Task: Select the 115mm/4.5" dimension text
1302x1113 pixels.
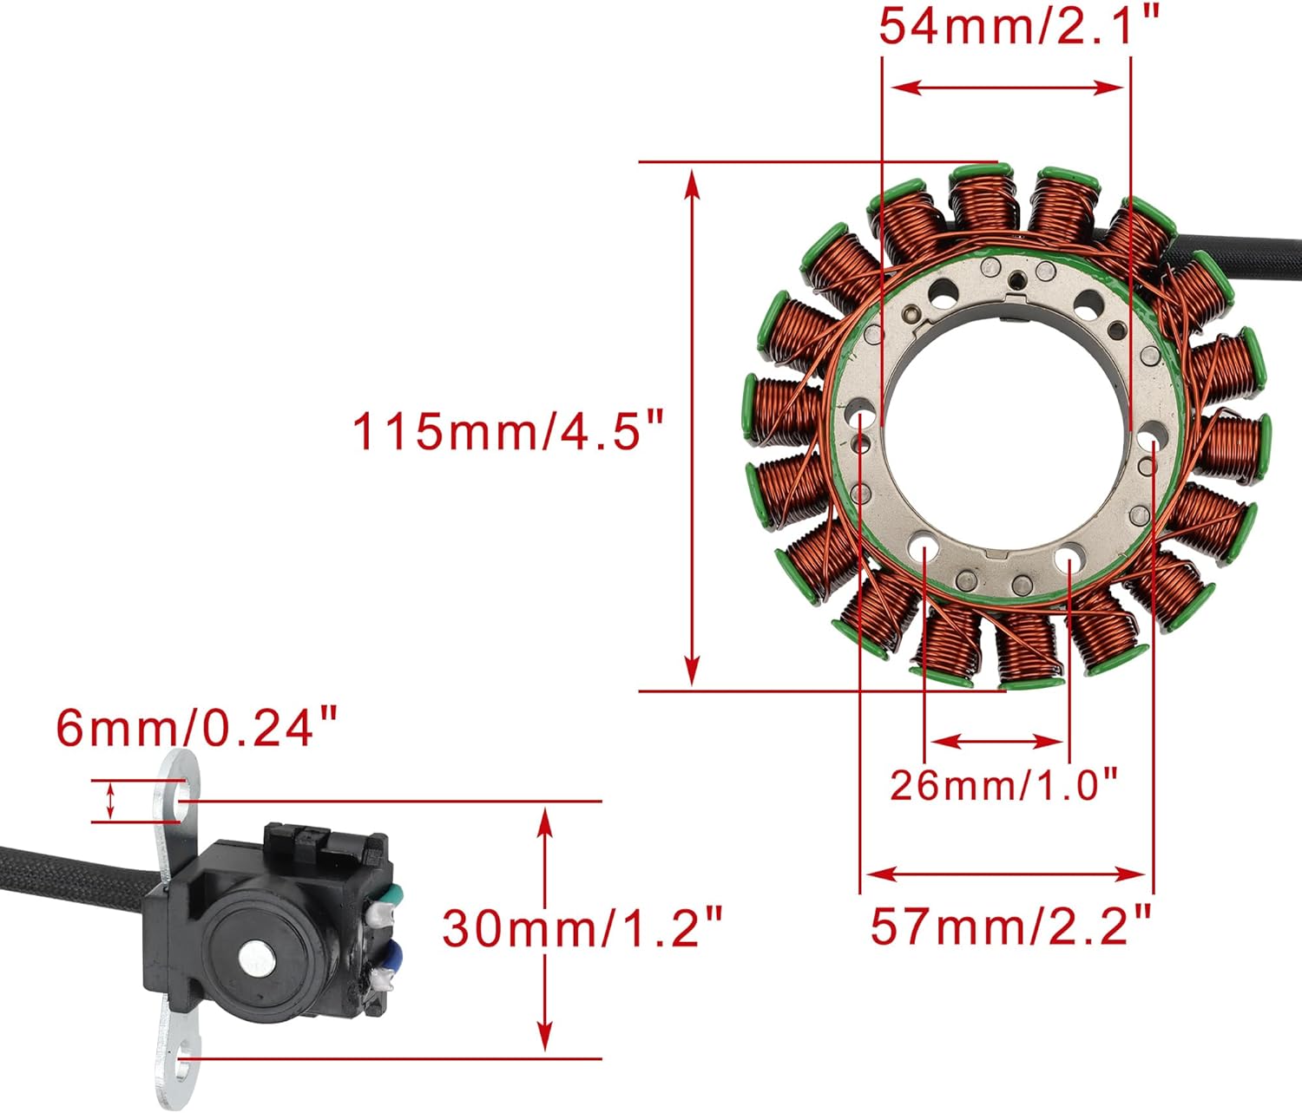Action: pyautogui.click(x=508, y=430)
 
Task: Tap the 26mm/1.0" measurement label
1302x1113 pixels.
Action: pyautogui.click(x=1003, y=785)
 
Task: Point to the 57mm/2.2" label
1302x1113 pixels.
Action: pyautogui.click(x=1010, y=926)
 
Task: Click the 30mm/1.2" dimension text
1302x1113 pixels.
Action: pyautogui.click(x=582, y=928)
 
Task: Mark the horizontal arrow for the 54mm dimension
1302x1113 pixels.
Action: pyautogui.click(x=1008, y=88)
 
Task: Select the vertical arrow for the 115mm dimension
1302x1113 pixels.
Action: pyautogui.click(x=692, y=427)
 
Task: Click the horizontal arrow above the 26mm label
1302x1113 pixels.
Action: pyautogui.click(x=996, y=742)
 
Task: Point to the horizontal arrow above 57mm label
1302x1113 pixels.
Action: pyautogui.click(x=1007, y=874)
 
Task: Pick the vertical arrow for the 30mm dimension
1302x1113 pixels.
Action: pyautogui.click(x=544, y=928)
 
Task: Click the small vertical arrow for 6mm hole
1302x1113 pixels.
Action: pyautogui.click(x=110, y=800)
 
